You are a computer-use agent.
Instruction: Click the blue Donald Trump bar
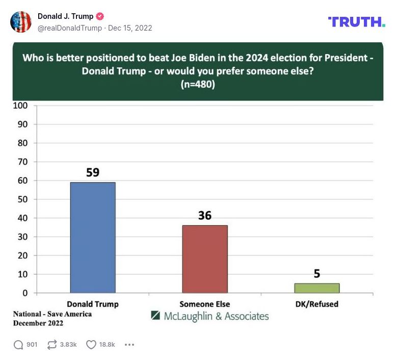click(x=92, y=238)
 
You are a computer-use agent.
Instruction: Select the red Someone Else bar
click(x=204, y=259)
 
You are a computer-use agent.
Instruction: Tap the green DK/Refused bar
click(x=316, y=288)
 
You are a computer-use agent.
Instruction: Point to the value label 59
click(x=92, y=172)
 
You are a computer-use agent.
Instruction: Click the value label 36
click(x=204, y=216)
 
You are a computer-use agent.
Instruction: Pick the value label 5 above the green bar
click(x=316, y=274)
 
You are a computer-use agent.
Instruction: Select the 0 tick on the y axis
click(x=24, y=293)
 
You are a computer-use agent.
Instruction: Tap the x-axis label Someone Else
click(x=204, y=304)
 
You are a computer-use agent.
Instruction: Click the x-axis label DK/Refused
click(x=316, y=304)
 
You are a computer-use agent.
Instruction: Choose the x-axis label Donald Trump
click(x=93, y=304)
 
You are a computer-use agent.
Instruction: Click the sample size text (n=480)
click(x=198, y=85)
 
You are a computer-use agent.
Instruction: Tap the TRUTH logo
click(x=356, y=22)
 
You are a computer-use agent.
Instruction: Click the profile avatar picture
click(x=21, y=22)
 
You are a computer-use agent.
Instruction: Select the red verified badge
click(x=100, y=16)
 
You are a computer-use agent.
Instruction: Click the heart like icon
click(x=91, y=345)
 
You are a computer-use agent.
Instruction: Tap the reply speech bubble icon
click(x=18, y=345)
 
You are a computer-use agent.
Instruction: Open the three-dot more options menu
click(x=129, y=345)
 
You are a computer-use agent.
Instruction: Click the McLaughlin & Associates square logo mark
click(x=156, y=316)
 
